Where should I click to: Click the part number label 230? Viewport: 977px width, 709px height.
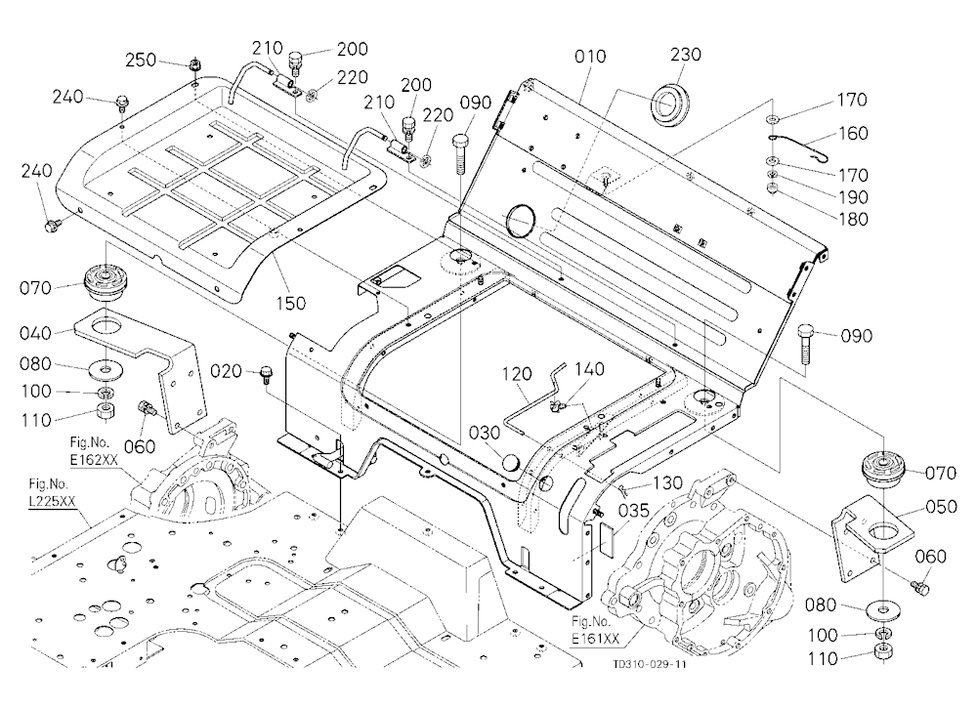[686, 55]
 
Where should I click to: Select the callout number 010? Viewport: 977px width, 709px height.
[590, 57]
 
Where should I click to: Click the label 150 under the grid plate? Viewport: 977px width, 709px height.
[291, 304]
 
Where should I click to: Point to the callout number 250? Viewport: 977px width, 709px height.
[141, 61]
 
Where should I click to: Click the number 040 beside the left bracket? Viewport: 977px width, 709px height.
[35, 333]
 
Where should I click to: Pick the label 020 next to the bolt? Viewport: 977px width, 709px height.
[226, 372]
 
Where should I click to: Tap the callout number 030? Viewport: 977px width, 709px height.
[485, 433]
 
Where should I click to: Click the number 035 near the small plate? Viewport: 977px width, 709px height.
[634, 512]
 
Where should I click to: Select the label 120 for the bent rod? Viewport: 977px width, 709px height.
[517, 374]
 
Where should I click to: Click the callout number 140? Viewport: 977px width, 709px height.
[589, 369]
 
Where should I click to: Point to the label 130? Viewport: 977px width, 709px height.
[667, 483]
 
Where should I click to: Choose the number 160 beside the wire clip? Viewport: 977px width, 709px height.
[853, 134]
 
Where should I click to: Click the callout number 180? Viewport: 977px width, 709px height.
[853, 220]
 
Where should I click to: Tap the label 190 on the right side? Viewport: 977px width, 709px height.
[853, 197]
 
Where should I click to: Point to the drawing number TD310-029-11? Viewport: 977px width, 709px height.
[650, 665]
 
